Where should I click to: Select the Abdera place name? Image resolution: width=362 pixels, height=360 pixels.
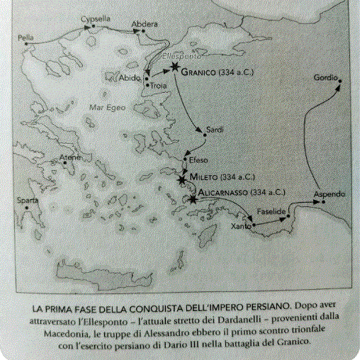(x=145, y=23)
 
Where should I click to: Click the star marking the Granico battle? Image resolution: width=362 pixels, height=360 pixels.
(x=174, y=68)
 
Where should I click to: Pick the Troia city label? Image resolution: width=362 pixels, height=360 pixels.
(x=158, y=86)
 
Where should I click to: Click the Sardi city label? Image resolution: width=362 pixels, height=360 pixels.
(x=213, y=130)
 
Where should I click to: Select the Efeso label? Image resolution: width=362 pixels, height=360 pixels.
(x=198, y=160)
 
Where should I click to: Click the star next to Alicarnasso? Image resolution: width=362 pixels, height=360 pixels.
(x=193, y=200)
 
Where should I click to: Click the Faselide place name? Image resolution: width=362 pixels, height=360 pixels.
(x=271, y=212)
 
